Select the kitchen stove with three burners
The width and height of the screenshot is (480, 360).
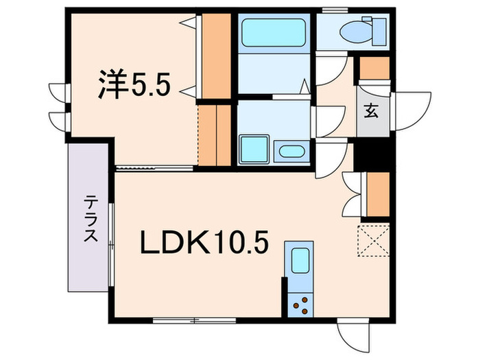[x=300, y=302]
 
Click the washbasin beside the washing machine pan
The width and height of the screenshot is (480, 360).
[x=291, y=152]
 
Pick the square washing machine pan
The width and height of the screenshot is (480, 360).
[x=253, y=149]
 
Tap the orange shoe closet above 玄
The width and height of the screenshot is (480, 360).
[x=374, y=69]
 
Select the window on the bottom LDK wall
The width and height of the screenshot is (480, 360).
[x=195, y=320]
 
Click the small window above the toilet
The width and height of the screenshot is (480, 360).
[x=335, y=9]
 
